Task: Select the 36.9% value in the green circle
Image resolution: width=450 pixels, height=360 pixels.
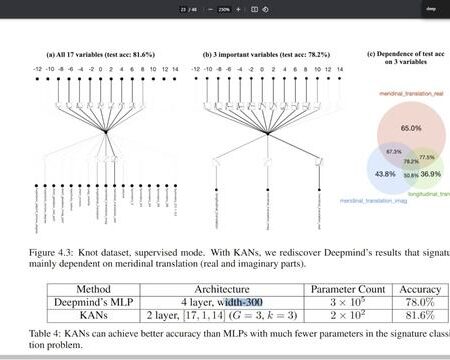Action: (x=430, y=173)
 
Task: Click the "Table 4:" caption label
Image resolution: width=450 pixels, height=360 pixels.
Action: (x=43, y=334)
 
